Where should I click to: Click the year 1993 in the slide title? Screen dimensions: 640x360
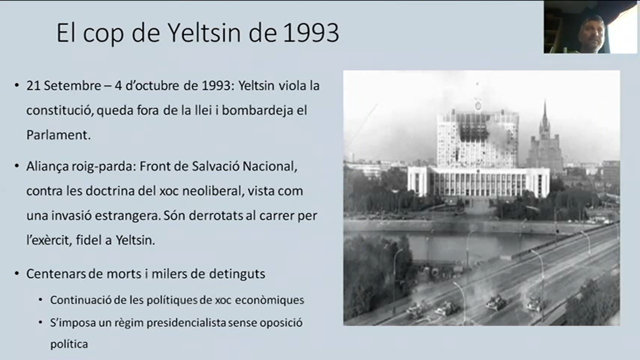pos(311,33)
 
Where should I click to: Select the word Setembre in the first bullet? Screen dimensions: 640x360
pos(72,85)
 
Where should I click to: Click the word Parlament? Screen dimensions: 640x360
pos(58,135)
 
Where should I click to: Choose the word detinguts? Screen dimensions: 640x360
pos(237,274)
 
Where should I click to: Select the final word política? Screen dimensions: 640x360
pos(69,344)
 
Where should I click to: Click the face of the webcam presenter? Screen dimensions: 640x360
pos(591,35)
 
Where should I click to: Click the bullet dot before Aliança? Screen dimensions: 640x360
pos(17,166)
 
